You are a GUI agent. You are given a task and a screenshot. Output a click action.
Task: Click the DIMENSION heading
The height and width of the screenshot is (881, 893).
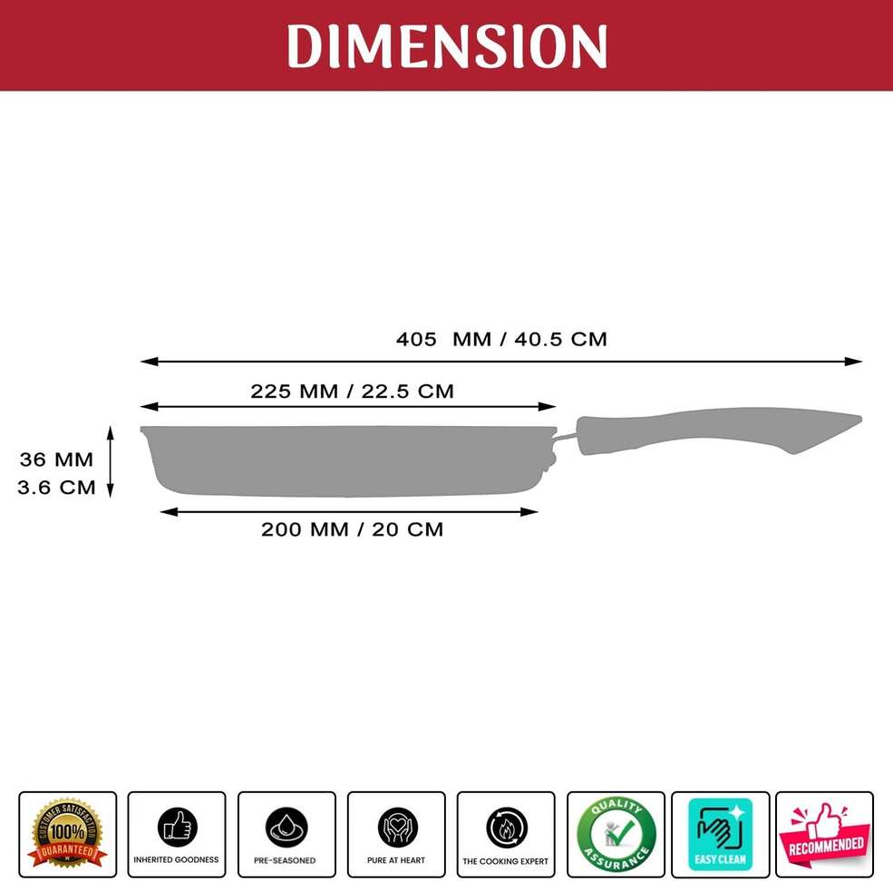[447, 44]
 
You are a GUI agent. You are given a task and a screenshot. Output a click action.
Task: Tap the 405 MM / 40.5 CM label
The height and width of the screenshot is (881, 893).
[501, 339]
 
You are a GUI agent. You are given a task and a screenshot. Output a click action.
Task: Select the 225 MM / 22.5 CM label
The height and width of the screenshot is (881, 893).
[352, 392]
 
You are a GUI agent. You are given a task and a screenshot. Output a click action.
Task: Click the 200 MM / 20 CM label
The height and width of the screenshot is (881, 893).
[352, 529]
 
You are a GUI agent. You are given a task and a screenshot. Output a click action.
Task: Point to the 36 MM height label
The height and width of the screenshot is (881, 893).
[56, 460]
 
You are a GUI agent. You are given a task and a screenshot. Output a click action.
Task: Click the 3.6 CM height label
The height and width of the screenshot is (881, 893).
[56, 487]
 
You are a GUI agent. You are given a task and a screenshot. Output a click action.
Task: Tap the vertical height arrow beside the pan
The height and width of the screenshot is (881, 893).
[111, 462]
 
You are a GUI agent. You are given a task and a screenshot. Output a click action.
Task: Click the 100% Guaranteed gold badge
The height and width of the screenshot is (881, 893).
[68, 833]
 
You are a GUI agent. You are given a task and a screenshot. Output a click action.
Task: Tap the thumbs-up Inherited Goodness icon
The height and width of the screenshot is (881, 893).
[177, 827]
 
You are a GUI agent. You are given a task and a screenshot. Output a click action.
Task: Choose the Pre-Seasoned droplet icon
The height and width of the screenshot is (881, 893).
[286, 827]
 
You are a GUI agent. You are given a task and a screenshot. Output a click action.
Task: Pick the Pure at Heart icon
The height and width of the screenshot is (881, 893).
[397, 827]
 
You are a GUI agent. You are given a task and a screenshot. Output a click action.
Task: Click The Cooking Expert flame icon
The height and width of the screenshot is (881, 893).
[506, 827]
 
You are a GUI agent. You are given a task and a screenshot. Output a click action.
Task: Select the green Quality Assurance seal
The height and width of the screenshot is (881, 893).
[616, 834]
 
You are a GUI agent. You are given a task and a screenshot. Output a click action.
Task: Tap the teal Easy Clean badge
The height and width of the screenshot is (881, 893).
[721, 834]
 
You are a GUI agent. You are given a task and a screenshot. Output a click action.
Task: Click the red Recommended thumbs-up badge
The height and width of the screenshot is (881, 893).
[825, 834]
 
